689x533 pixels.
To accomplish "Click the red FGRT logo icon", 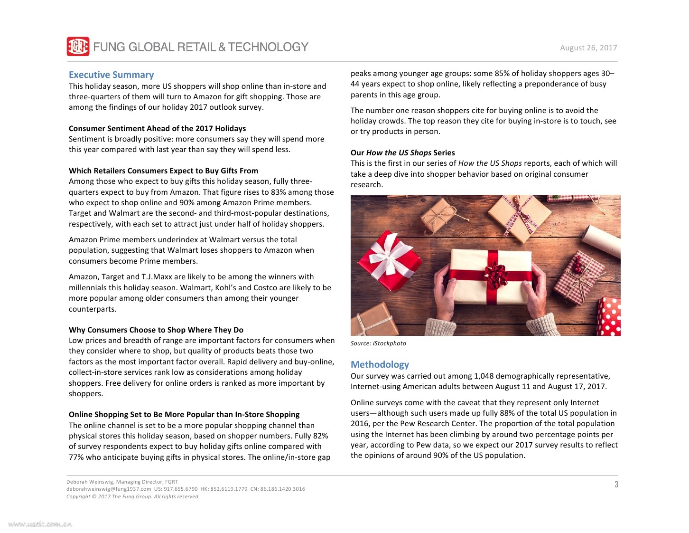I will [x=78, y=47].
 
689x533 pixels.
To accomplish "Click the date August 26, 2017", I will [x=588, y=48].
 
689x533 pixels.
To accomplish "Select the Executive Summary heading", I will [x=111, y=75].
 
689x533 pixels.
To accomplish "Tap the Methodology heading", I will [x=380, y=364].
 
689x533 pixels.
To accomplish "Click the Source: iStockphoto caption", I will [x=378, y=343].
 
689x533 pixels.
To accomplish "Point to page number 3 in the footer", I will [x=616, y=485].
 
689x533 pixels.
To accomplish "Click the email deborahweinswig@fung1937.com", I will [x=109, y=489].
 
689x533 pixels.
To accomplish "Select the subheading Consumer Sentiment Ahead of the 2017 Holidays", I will [x=157, y=128].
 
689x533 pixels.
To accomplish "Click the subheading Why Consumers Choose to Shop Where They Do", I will [x=156, y=330].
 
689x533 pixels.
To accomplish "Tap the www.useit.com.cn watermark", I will [x=40, y=524].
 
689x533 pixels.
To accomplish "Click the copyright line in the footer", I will [x=133, y=496].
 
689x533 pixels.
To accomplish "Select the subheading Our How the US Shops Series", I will [x=402, y=152].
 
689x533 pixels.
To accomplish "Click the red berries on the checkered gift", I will [x=578, y=264].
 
